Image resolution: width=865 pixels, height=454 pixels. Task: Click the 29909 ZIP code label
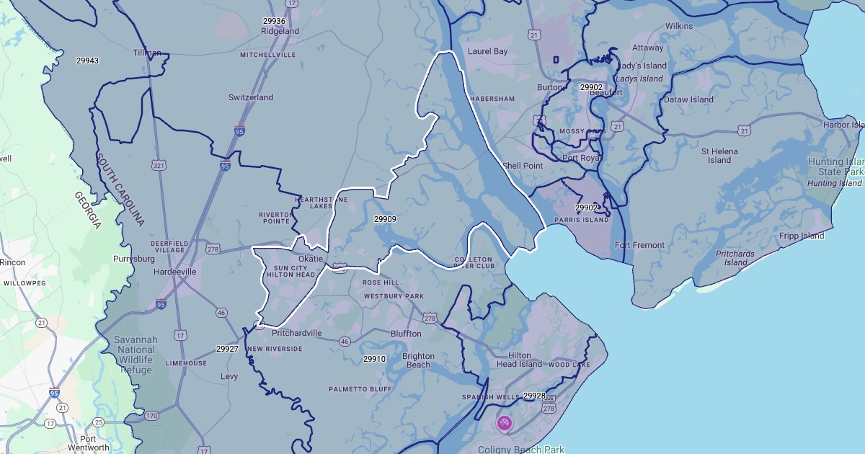(385, 219)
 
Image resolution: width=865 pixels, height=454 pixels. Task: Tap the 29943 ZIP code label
(87, 61)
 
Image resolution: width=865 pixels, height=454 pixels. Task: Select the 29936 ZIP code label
(275, 21)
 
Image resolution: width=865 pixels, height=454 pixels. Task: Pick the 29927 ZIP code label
(227, 349)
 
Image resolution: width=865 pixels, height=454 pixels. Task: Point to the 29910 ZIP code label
(374, 359)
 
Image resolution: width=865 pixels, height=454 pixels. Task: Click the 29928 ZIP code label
(534, 396)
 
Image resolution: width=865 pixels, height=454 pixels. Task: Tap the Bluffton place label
(406, 334)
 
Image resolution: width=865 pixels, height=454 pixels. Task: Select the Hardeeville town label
(175, 272)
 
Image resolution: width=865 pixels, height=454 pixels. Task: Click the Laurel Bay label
(488, 52)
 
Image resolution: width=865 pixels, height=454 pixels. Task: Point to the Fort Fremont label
(639, 245)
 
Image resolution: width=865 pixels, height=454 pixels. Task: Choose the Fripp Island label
(802, 236)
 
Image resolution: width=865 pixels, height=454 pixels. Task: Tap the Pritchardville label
(297, 333)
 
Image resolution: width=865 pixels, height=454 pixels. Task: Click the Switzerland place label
(251, 97)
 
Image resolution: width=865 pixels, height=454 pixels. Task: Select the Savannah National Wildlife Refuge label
(133, 355)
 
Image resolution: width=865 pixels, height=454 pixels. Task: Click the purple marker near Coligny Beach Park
(505, 422)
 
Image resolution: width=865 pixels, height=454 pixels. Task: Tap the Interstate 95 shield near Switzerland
(239, 131)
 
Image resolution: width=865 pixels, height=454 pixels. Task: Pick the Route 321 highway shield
(159, 166)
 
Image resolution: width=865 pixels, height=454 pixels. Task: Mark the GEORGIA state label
(87, 210)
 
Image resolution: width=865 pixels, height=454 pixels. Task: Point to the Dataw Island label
(689, 99)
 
